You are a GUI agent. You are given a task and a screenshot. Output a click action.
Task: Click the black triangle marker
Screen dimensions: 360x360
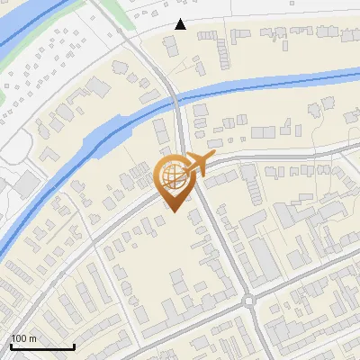click(181, 24)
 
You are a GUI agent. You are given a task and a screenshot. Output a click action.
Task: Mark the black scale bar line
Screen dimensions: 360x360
click(42, 347)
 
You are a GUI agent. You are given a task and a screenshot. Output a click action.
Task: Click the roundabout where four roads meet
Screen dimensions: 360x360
click(248, 301)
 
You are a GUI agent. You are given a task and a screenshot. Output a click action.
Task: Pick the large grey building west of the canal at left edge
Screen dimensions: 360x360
click(25, 184)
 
